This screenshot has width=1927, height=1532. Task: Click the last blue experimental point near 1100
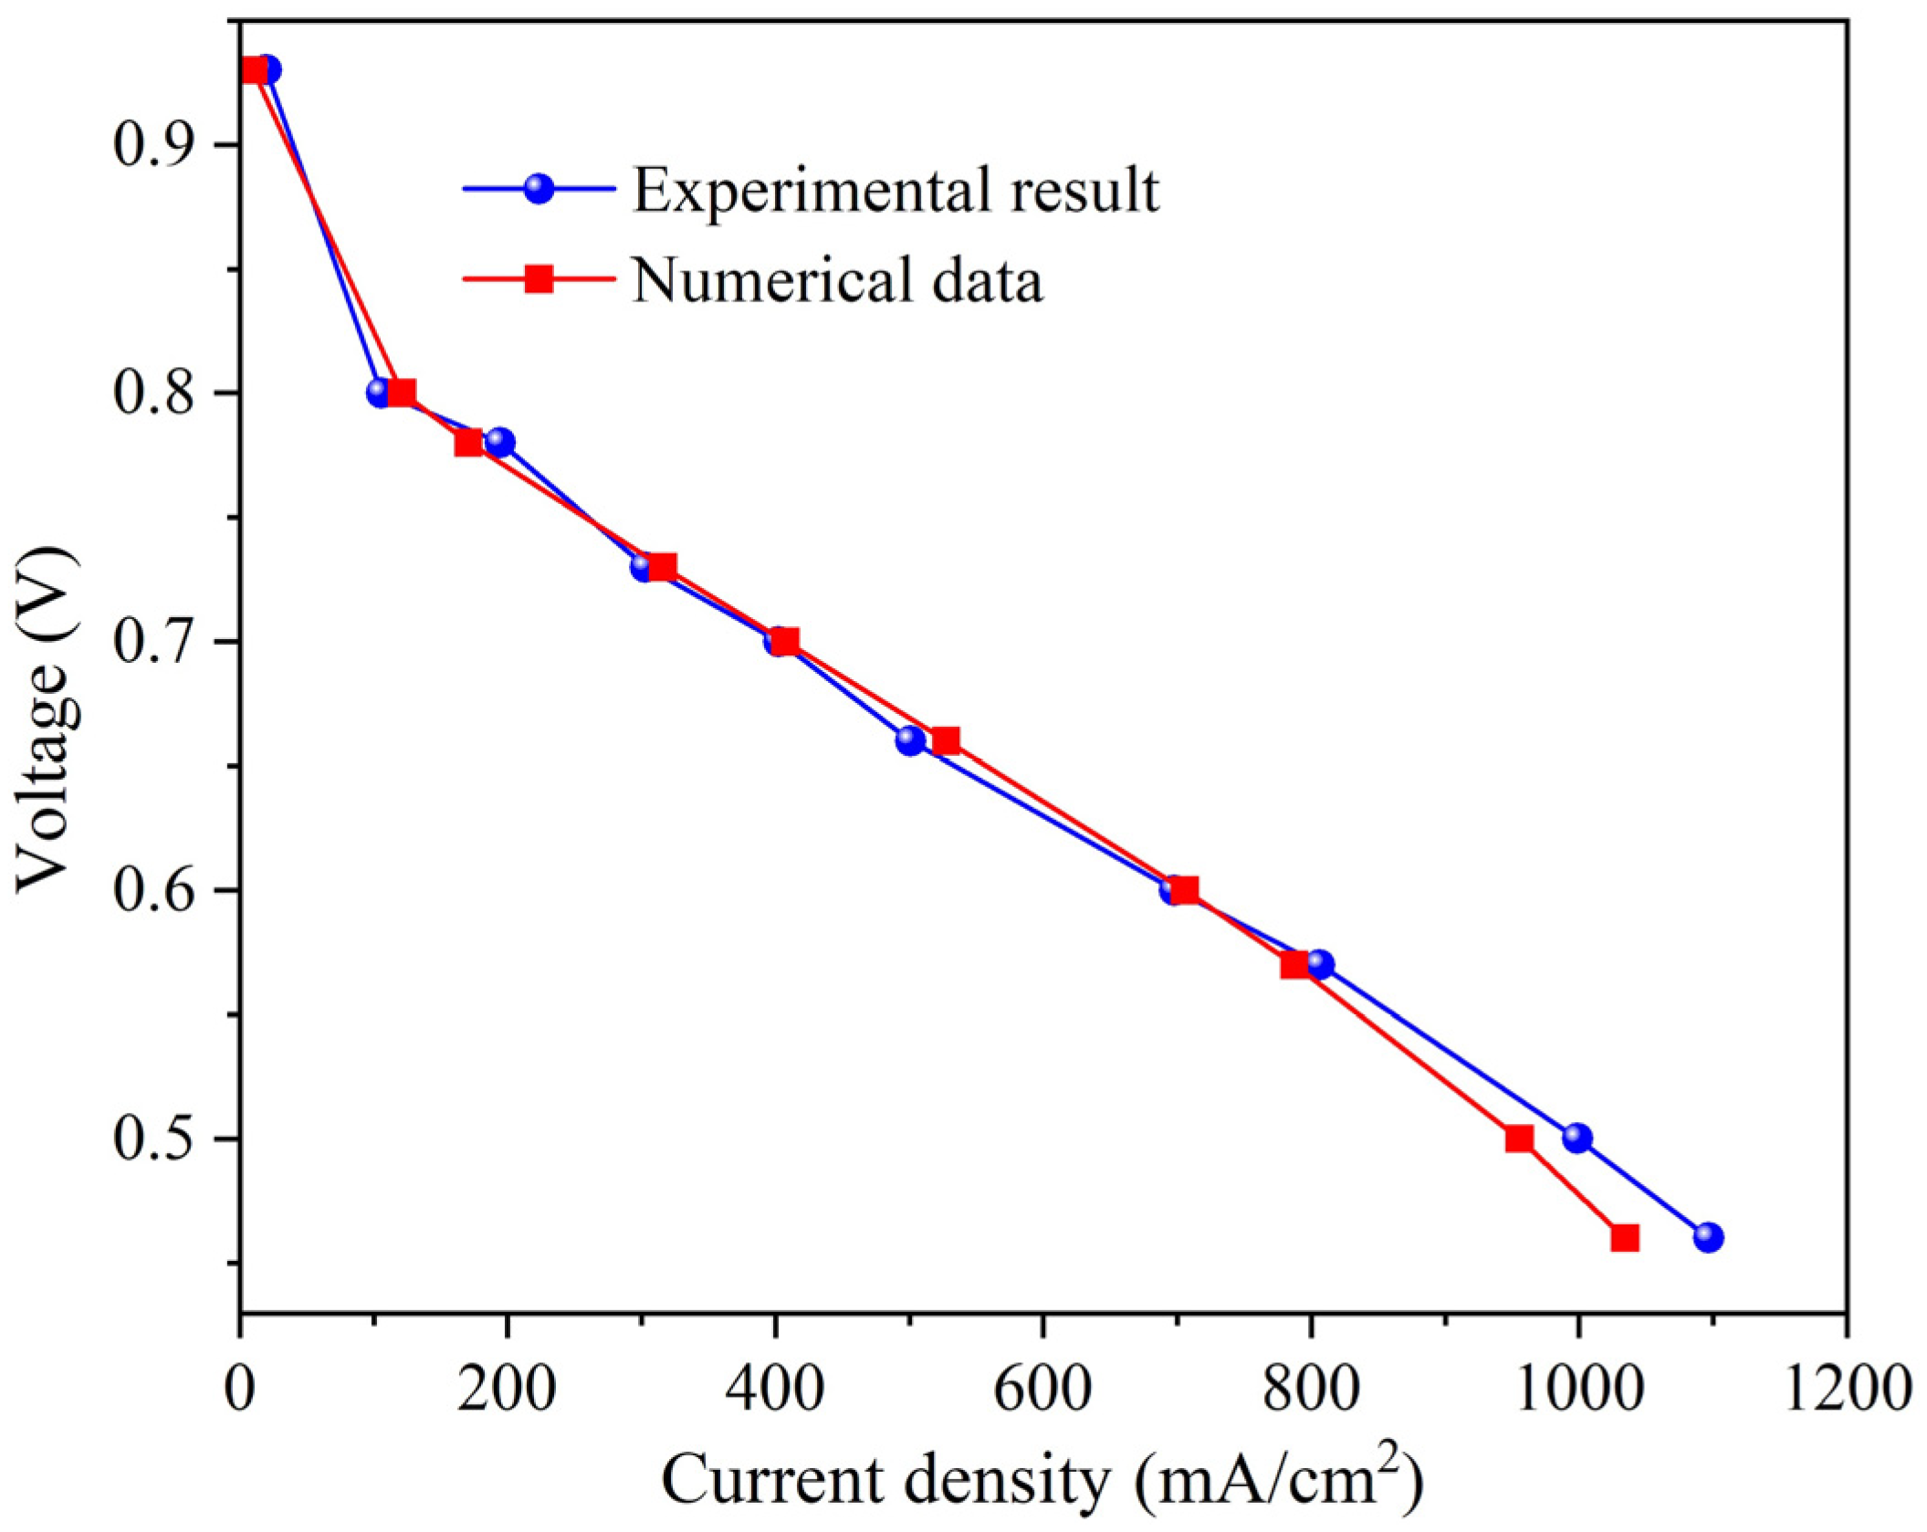(1708, 1238)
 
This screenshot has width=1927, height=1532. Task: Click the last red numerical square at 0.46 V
(1625, 1238)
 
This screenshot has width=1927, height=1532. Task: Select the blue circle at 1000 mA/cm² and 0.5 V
(1577, 1139)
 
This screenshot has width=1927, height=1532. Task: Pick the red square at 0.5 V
(1519, 1139)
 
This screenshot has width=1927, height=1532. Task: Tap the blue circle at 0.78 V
(499, 443)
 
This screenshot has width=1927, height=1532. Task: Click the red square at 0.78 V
(468, 443)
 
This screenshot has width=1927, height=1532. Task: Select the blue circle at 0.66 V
(910, 740)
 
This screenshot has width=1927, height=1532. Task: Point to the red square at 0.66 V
(946, 740)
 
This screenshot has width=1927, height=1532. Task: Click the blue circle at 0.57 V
(1320, 965)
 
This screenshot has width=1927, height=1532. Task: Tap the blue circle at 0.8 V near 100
(380, 393)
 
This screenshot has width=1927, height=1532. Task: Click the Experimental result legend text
(895, 190)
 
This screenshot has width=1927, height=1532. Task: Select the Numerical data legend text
(837, 279)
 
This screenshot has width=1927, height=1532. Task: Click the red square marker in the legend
(539, 278)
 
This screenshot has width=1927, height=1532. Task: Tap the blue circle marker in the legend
(539, 189)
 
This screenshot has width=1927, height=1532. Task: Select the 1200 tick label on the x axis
(1846, 1390)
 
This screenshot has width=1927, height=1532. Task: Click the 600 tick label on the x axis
(1042, 1390)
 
